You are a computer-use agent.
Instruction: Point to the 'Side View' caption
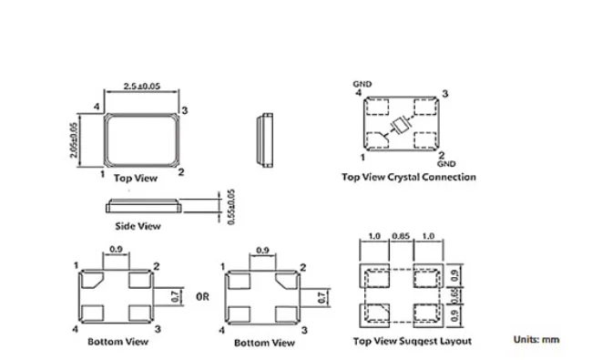coord(138,225)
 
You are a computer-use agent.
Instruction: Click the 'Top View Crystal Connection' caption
coord(408,177)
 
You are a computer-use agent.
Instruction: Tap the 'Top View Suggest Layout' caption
coord(412,341)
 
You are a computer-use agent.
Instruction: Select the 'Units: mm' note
coord(536,340)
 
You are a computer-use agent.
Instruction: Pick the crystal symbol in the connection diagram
coord(399,127)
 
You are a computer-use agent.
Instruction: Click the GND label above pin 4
coord(362,84)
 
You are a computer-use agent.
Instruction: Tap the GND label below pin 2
coord(445,164)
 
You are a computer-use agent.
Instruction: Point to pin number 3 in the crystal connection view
coord(444,94)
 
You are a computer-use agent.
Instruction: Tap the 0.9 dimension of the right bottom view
coord(262,250)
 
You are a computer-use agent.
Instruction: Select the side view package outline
coord(141,204)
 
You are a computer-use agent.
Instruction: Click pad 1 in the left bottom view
coord(92,279)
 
